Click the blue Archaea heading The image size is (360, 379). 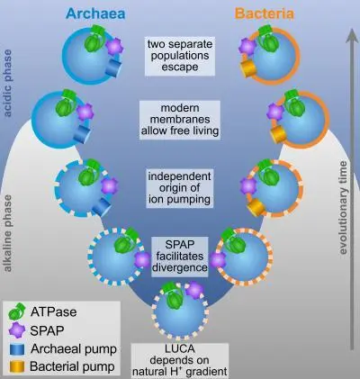95,14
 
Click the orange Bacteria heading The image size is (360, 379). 265,14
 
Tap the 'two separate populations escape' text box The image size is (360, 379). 180,56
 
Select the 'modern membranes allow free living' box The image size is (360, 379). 180,120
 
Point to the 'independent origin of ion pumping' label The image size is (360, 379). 180,188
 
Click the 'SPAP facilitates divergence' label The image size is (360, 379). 180,257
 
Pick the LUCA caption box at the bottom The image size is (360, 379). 180,360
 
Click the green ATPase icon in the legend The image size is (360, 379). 17,311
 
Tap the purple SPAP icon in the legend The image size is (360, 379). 17,330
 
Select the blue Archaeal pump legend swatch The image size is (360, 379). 17,349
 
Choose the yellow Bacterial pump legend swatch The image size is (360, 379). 17,366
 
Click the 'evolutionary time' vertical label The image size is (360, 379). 343,208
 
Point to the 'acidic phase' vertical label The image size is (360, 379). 7,83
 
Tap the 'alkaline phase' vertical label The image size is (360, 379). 7,233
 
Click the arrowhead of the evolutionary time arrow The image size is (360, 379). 351,35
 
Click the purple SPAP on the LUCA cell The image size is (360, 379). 194,290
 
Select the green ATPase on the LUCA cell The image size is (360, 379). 172,295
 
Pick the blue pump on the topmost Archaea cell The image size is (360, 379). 113,68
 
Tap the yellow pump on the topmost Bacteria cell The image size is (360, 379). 247,69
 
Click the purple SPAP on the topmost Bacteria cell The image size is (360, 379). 247,47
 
